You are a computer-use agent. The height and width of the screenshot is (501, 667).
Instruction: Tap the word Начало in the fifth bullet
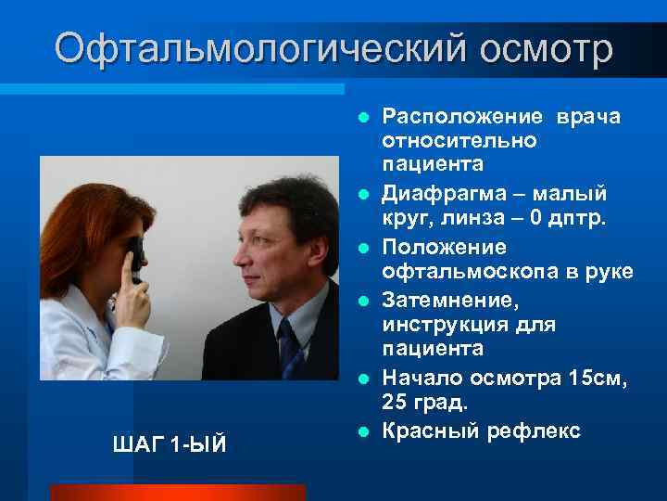tap(424, 378)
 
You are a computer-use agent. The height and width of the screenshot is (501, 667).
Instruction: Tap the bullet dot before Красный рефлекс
tap(365, 431)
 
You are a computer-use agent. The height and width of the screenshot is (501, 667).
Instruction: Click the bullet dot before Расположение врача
tap(365, 118)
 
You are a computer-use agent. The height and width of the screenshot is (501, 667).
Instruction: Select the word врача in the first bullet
tap(588, 117)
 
